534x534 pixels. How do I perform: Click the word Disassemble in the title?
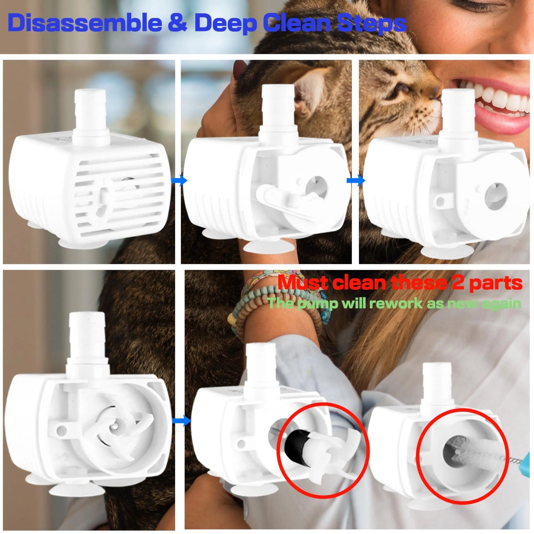[x=85, y=23]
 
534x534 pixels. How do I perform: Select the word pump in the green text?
[x=318, y=304]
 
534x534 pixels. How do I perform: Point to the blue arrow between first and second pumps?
[x=180, y=181]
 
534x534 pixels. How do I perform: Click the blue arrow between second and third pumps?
[x=356, y=180]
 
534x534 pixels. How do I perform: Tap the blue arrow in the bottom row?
[x=181, y=420]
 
